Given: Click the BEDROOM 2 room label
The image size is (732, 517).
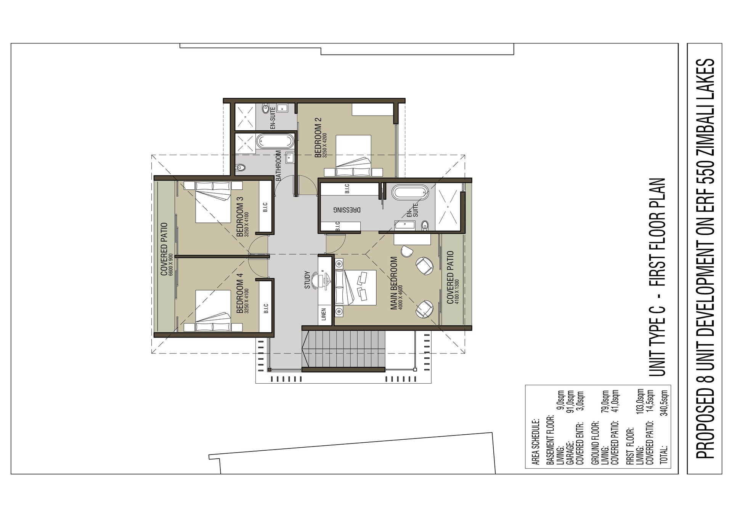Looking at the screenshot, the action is tap(318, 137).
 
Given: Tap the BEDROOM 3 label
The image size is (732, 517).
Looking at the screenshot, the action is tap(240, 217).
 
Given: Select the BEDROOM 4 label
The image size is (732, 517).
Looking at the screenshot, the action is tap(240, 293).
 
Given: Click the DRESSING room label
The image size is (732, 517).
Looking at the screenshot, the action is tap(347, 210).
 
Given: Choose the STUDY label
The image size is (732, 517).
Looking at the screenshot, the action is tap(307, 279).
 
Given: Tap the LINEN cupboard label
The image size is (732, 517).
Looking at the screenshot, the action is tap(324, 314).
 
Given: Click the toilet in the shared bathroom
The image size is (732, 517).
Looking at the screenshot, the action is tap(240, 167).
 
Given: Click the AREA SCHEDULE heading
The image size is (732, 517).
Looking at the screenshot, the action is tap(535, 442).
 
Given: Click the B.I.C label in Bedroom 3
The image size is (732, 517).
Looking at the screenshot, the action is tap(265, 208).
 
